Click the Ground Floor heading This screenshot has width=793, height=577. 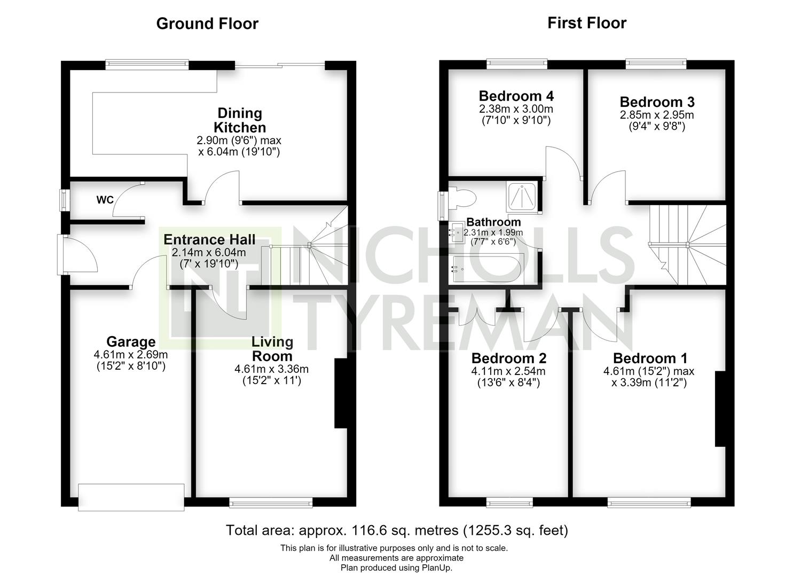tap(207, 24)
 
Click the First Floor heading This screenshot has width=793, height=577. tap(587, 23)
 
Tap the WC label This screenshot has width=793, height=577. tap(105, 200)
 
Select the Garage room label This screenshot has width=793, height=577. tap(131, 342)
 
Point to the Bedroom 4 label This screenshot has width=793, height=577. tap(516, 96)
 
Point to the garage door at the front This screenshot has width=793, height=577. tap(131, 497)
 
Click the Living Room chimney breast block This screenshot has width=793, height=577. tap(340, 394)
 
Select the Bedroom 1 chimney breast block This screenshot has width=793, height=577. tap(720, 409)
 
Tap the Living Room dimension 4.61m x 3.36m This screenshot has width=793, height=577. tap(271, 369)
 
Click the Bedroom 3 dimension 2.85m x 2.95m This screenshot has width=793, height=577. tap(657, 115)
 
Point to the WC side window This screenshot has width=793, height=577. tap(64, 200)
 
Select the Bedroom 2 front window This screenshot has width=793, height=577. tap(509, 502)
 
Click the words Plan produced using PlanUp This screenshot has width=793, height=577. tap(396, 567)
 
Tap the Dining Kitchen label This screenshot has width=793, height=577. tap(240, 120)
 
